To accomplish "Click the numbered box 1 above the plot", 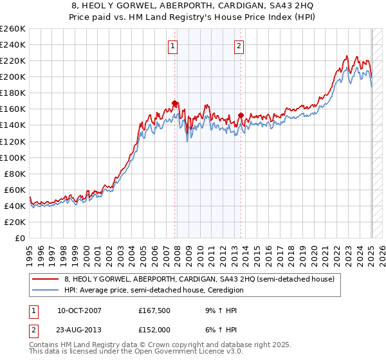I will tap(174, 46).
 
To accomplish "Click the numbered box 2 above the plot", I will tap(239, 46).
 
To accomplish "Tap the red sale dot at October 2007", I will tap(175, 103).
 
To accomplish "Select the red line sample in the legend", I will tap(46, 280).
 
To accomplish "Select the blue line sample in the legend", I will tap(46, 291).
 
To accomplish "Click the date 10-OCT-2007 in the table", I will tap(79, 311).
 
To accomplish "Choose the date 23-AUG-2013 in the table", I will tap(79, 330).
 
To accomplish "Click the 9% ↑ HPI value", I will tap(218, 311).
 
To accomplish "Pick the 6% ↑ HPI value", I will tap(218, 330).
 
